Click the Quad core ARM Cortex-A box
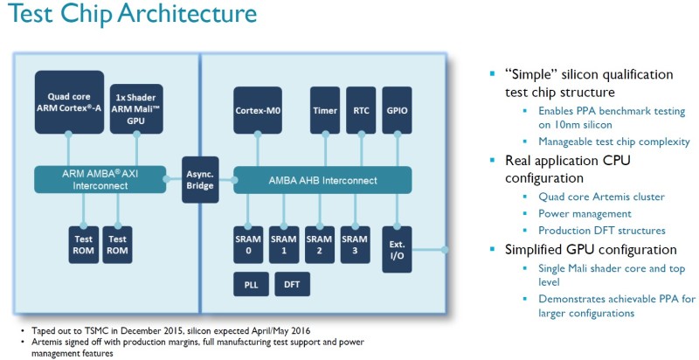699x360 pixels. point(69,102)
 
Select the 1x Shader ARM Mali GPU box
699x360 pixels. point(134,107)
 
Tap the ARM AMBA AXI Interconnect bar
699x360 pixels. point(100,179)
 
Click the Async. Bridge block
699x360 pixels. point(200,179)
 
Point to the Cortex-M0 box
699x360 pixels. point(257,111)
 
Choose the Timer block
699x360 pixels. point(324,111)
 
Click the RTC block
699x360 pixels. point(361,111)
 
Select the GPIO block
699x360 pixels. point(398,111)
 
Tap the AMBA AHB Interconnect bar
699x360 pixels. point(323,180)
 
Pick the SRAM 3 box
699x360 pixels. point(355,244)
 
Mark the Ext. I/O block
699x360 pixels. point(398,248)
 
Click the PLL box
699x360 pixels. point(251,285)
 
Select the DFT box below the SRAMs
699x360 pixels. point(291,285)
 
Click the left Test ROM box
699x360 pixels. point(83,244)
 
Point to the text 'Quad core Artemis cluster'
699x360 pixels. point(600,196)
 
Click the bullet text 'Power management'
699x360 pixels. point(584,213)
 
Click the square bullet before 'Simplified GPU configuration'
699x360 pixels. point(494,250)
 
